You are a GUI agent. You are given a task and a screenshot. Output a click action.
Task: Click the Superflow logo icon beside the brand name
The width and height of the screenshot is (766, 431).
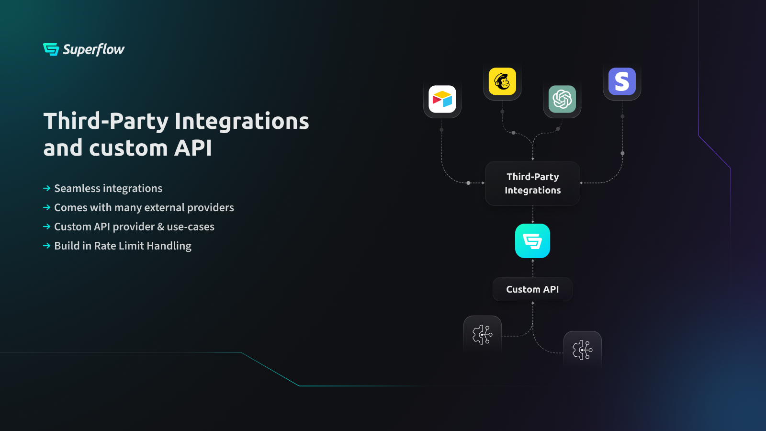click(51, 49)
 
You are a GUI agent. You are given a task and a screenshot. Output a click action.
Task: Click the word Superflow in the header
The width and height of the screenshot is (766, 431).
click(94, 50)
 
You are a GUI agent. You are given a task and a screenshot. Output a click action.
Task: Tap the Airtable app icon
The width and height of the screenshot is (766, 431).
click(442, 99)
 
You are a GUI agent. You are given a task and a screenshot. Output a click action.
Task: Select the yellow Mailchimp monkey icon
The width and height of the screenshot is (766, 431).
click(502, 81)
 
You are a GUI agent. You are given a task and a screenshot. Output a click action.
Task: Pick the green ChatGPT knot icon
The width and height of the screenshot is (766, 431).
click(562, 99)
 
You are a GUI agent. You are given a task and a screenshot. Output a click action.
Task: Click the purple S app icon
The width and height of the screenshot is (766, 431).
click(622, 81)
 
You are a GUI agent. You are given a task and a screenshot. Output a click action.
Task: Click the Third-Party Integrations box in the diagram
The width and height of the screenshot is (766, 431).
click(532, 183)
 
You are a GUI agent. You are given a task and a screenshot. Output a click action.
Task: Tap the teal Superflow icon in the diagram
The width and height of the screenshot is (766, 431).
click(532, 241)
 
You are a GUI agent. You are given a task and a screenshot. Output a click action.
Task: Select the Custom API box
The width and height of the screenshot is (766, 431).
click(532, 289)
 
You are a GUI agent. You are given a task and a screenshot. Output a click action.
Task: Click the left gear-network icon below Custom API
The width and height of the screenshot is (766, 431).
click(482, 335)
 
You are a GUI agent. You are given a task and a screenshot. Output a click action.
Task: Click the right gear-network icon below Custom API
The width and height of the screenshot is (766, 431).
click(582, 350)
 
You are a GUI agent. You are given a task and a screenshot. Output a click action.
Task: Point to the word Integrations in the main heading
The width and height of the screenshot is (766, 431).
click(242, 121)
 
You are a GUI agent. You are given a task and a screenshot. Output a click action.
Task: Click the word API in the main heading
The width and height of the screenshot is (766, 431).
click(193, 148)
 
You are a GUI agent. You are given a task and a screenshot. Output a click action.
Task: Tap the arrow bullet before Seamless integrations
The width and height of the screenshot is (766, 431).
click(47, 188)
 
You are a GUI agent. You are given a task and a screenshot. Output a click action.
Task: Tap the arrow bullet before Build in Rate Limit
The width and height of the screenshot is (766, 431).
click(47, 246)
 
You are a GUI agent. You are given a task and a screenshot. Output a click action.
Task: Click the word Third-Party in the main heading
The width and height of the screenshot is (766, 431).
click(106, 122)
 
